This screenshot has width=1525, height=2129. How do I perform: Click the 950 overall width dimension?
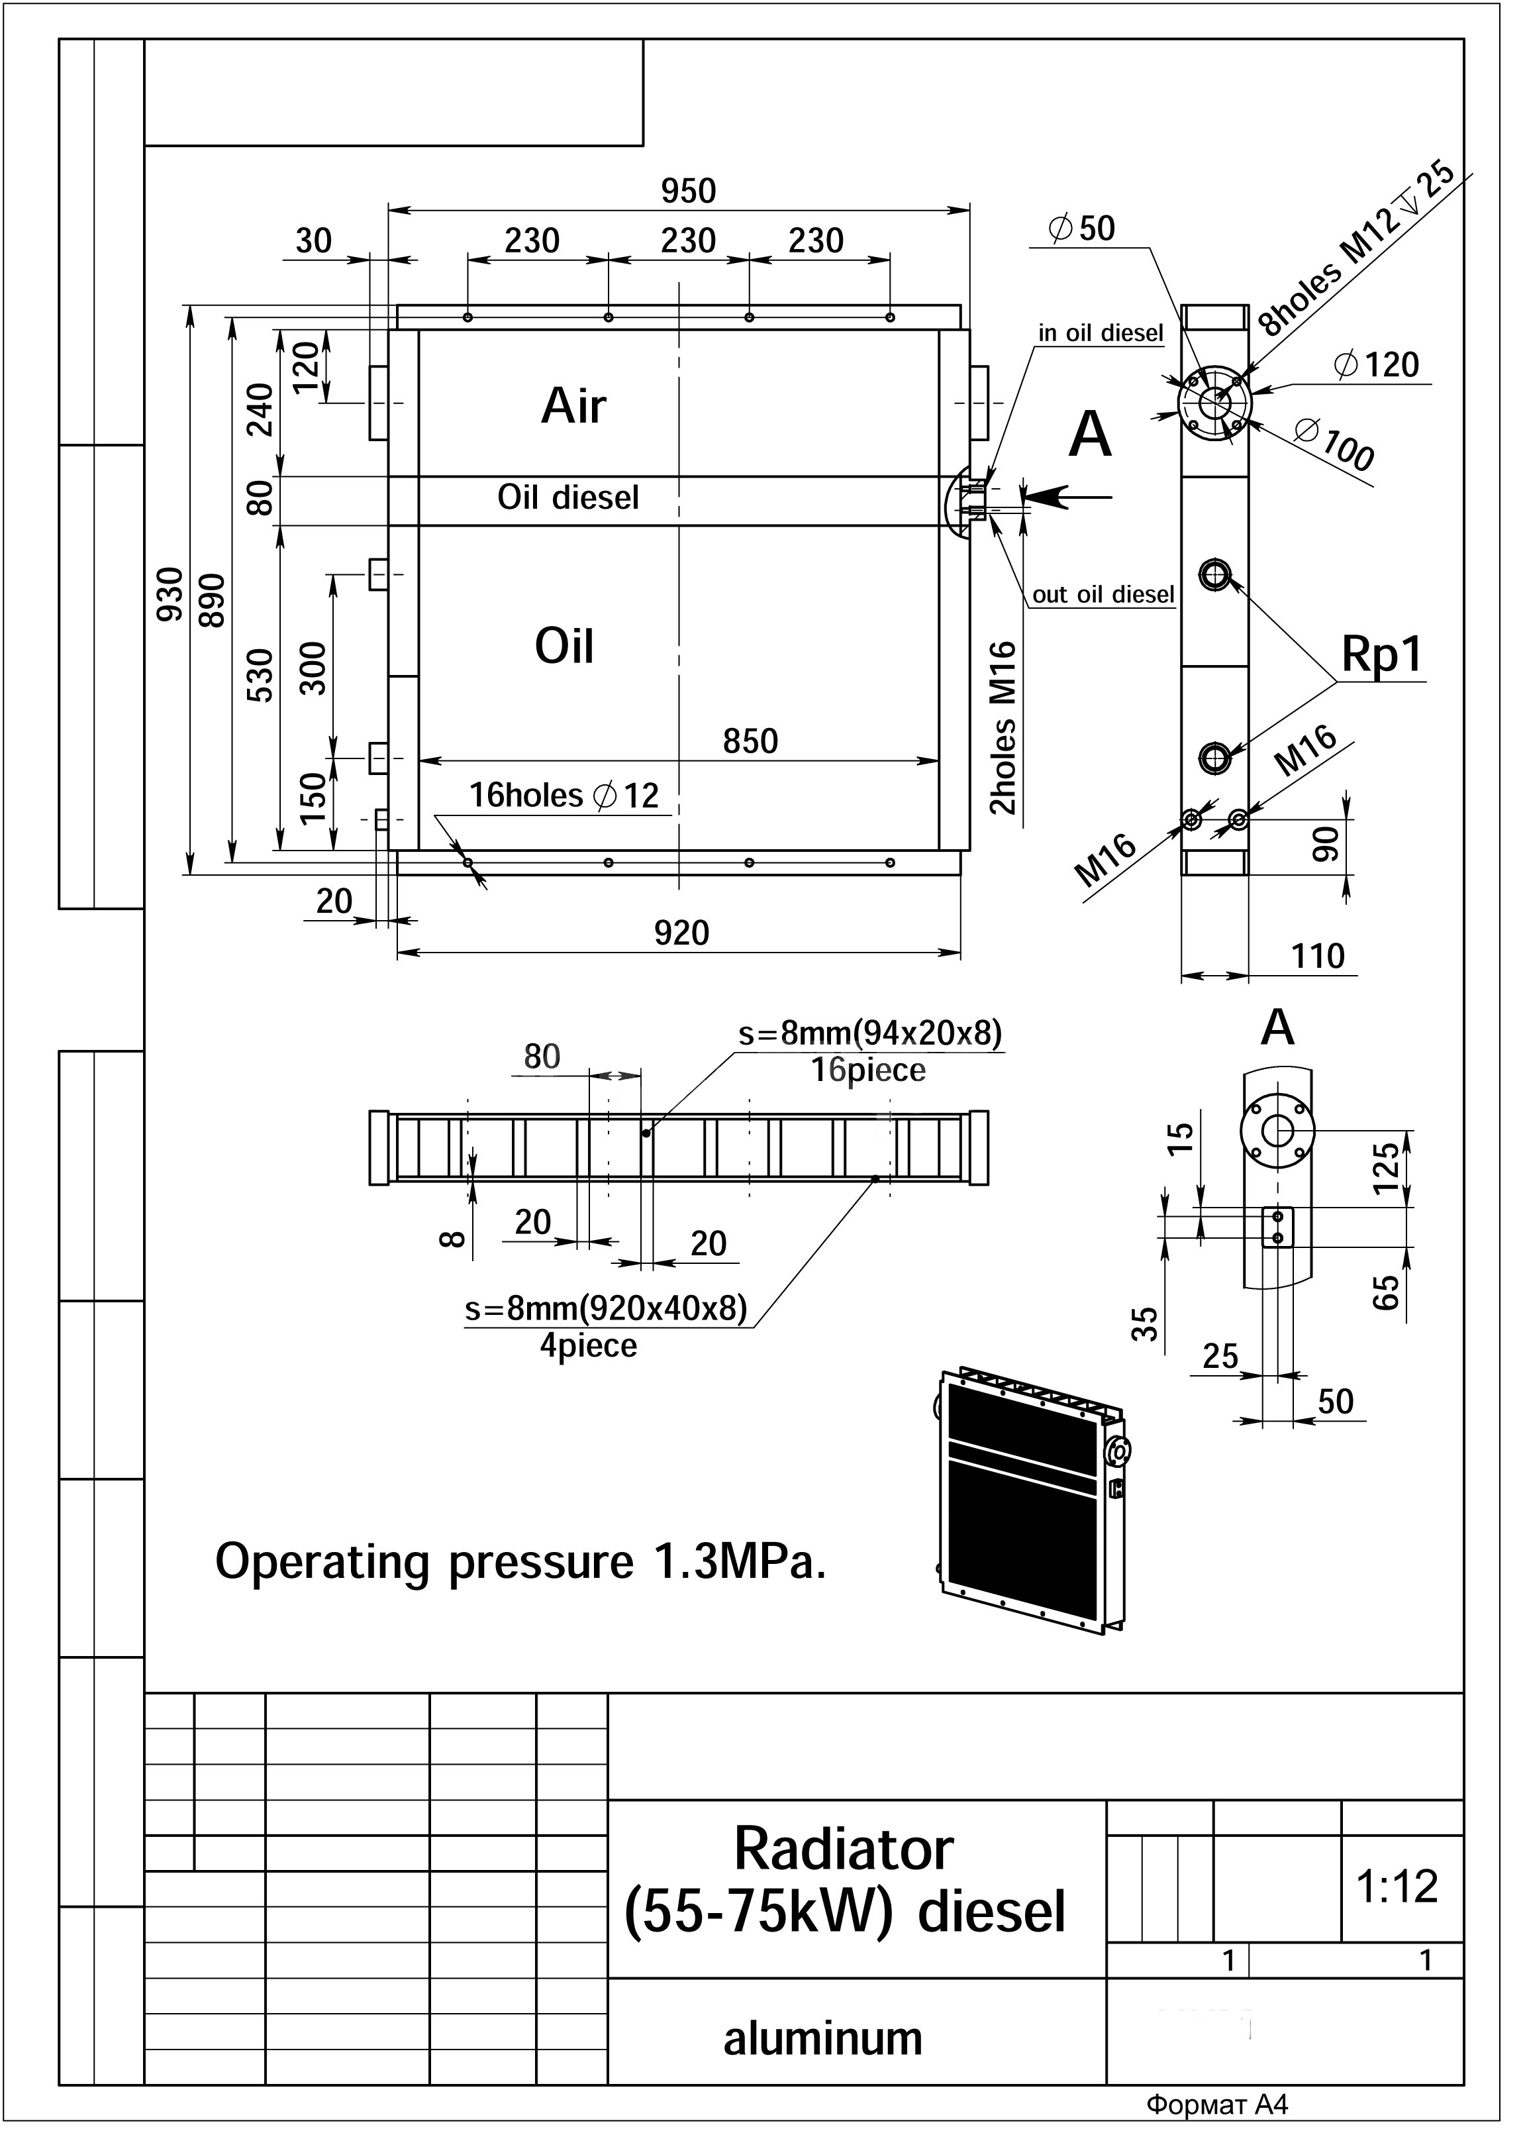click(x=688, y=191)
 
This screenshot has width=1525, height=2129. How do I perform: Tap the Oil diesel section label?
click(x=567, y=497)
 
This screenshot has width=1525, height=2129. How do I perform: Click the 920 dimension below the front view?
click(x=681, y=932)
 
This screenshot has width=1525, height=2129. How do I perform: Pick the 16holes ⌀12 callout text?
click(x=564, y=795)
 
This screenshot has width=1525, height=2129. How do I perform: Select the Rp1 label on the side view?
click(x=1381, y=654)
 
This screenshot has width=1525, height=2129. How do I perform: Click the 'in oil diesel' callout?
click(x=1100, y=333)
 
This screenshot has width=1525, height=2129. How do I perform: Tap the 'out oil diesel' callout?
click(x=1103, y=594)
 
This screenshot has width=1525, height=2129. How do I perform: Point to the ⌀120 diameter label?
click(x=1376, y=364)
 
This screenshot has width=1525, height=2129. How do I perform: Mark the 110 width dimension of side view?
click(x=1318, y=956)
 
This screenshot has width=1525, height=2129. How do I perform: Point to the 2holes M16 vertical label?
click(x=1003, y=727)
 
